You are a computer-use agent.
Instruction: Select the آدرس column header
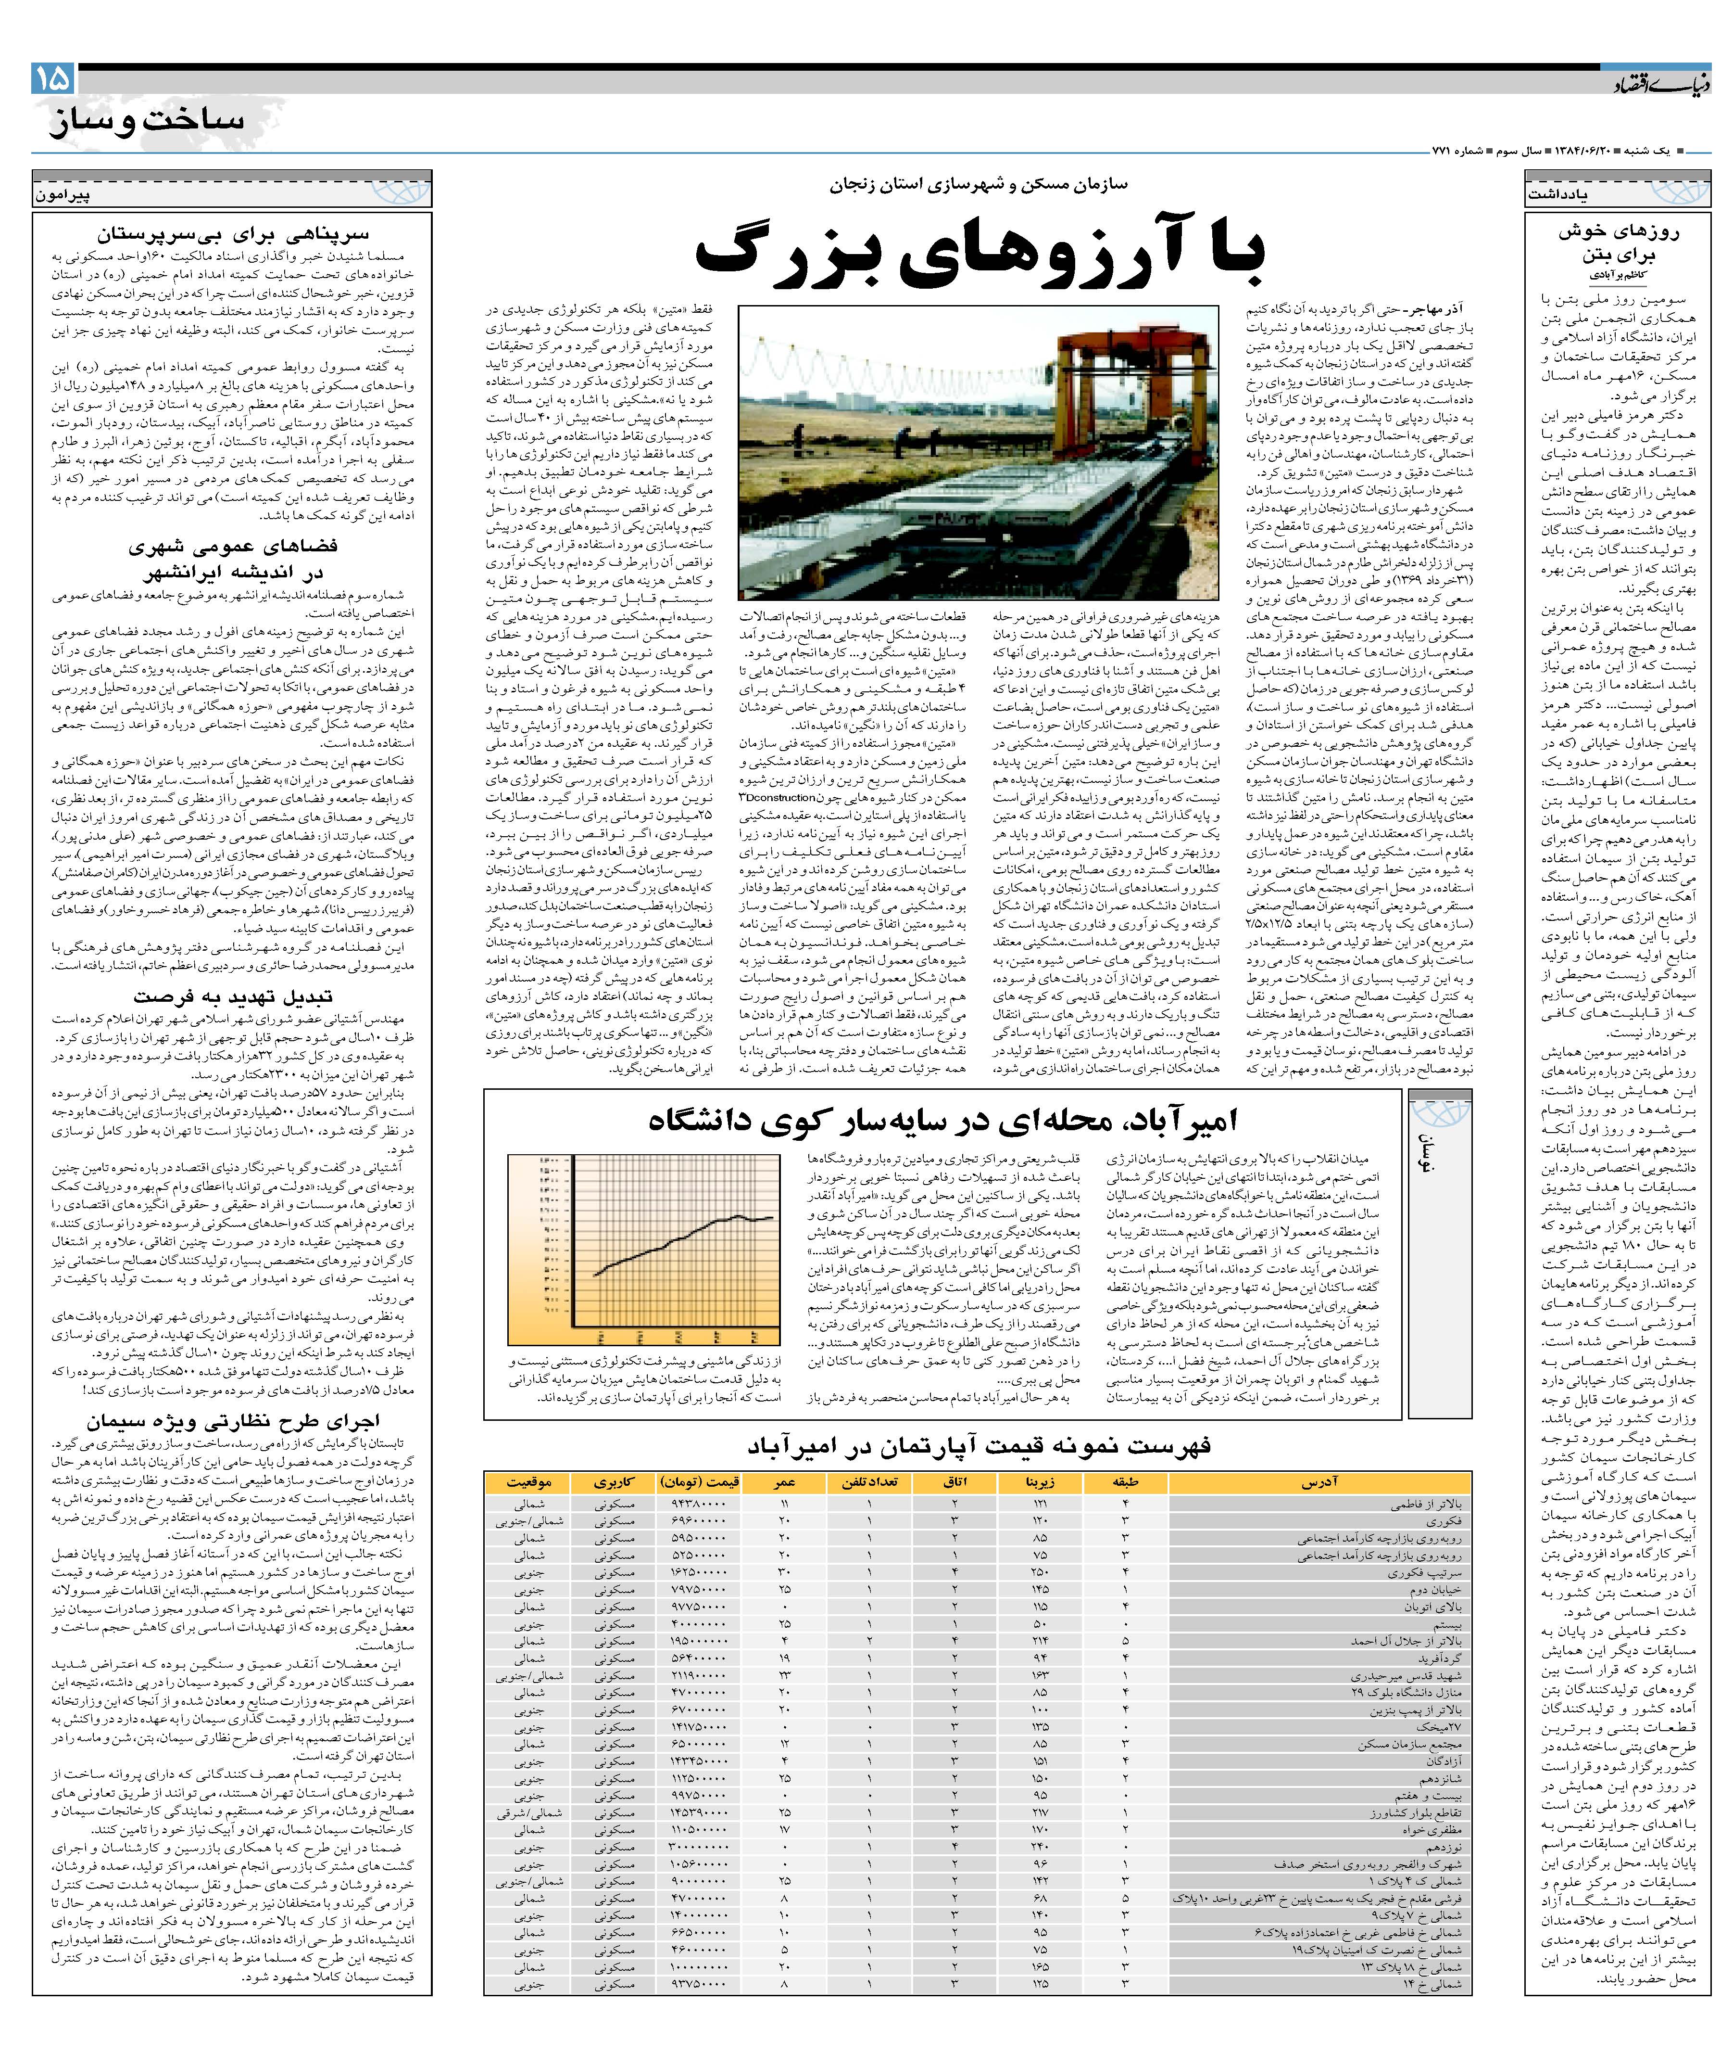pyautogui.click(x=1319, y=1482)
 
